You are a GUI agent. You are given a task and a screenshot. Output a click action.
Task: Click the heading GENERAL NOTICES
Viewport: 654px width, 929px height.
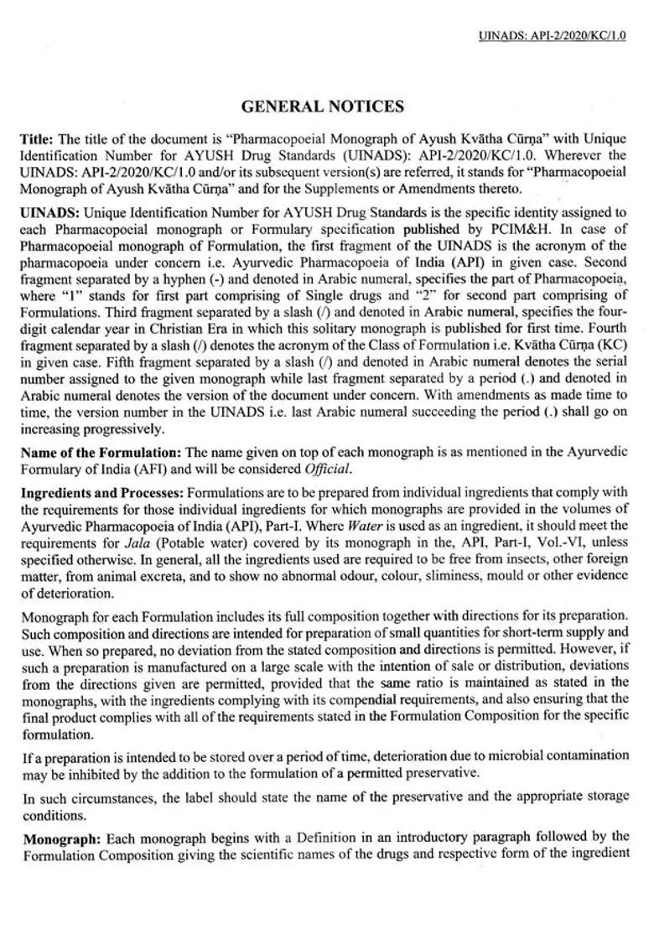(323, 106)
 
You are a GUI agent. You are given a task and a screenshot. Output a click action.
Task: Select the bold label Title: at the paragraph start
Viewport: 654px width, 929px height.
(37, 139)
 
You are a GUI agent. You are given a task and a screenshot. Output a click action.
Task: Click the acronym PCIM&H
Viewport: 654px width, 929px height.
(503, 229)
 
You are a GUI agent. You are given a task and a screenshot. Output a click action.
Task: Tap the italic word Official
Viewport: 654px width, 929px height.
(328, 469)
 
